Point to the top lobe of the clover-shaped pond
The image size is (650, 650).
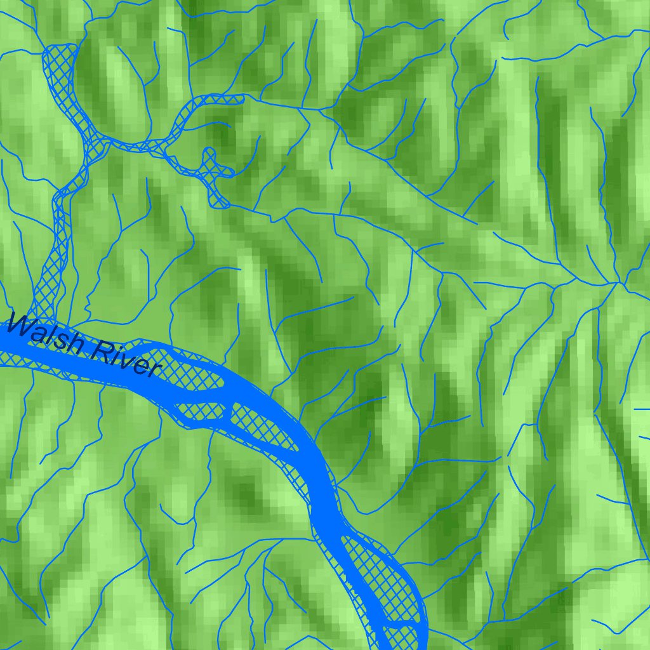[x=209, y=154]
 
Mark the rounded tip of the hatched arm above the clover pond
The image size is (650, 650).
[x=239, y=98]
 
